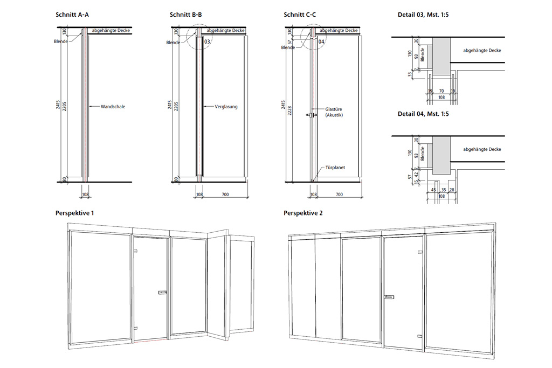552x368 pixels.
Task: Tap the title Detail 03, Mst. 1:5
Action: pyautogui.click(x=423, y=15)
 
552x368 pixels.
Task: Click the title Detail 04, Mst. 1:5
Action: pyautogui.click(x=423, y=114)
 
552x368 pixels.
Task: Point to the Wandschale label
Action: pyautogui.click(x=113, y=107)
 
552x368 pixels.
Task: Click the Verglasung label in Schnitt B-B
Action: pyautogui.click(x=226, y=107)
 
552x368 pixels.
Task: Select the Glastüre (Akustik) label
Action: pyautogui.click(x=334, y=112)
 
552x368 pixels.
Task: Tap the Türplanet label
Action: pyautogui.click(x=334, y=168)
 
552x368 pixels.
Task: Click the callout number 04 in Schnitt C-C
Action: pyautogui.click(x=321, y=41)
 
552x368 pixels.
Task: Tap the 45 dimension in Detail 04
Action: pyautogui.click(x=434, y=189)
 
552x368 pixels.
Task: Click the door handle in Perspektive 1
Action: pyautogui.click(x=162, y=293)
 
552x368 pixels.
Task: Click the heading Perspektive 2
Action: pyautogui.click(x=303, y=213)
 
